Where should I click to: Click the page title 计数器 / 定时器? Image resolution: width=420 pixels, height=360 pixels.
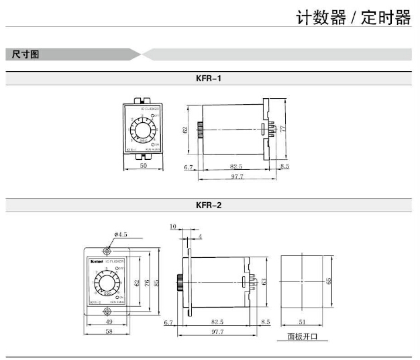point(354,17)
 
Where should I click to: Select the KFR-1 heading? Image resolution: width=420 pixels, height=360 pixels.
point(209,78)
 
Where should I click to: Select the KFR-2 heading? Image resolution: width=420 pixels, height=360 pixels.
point(209,206)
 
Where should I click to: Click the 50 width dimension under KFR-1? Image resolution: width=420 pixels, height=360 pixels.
point(143,165)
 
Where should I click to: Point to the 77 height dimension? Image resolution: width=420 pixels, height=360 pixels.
point(284,128)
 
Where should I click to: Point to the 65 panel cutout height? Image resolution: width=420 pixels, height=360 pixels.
point(329,281)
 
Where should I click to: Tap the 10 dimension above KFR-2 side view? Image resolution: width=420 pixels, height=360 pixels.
point(172,228)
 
